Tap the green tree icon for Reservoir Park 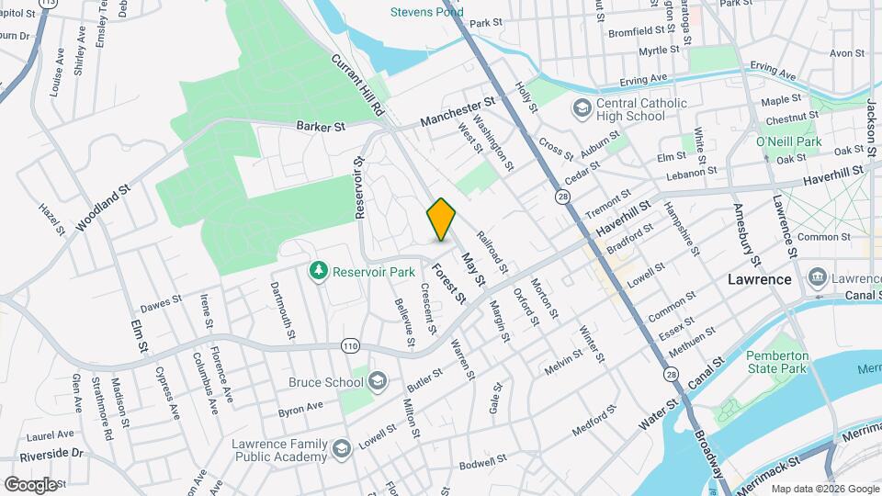(319, 270)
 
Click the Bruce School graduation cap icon (378, 380)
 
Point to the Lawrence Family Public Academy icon (342, 448)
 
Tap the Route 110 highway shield (349, 346)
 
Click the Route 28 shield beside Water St (673, 375)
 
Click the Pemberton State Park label (776, 362)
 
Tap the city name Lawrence (759, 279)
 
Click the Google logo (30, 484)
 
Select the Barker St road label (320, 127)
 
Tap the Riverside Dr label (54, 453)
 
